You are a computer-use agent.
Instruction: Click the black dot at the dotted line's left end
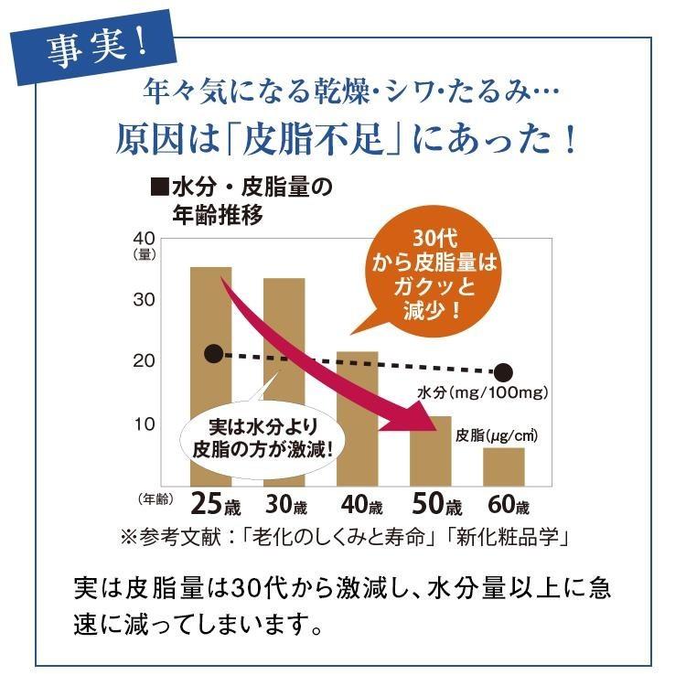tap(213, 353)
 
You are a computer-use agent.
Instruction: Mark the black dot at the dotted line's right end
tap(503, 372)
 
